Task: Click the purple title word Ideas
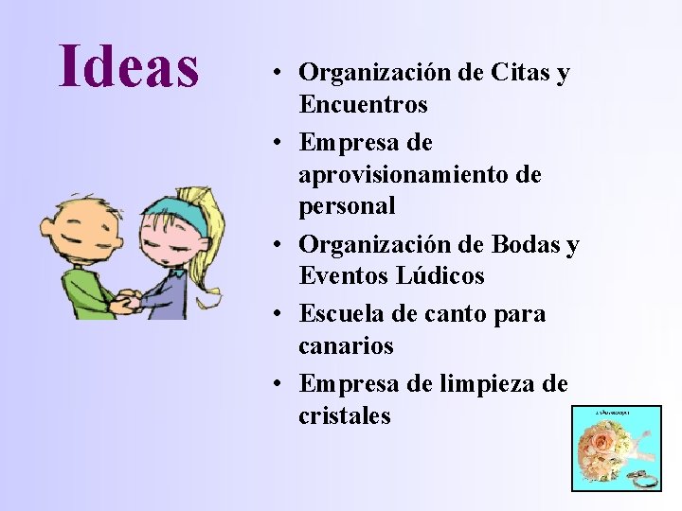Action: pyautogui.click(x=129, y=66)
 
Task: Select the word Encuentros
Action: pyautogui.click(x=363, y=104)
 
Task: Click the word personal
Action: pyautogui.click(x=347, y=206)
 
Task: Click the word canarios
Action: pyautogui.click(x=346, y=346)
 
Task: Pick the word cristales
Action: pyautogui.click(x=344, y=416)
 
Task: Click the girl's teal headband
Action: pyautogui.click(x=175, y=216)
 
